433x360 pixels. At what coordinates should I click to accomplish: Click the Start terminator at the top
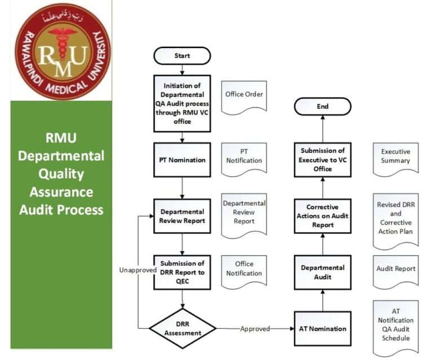pos(182,55)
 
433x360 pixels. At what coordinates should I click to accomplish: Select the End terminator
pos(322,107)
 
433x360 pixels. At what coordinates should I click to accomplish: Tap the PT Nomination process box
pos(182,160)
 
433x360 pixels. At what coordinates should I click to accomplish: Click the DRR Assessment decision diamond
pos(183,328)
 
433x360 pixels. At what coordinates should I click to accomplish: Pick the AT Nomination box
pos(322,328)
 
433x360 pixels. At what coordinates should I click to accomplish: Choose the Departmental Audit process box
pos(322,272)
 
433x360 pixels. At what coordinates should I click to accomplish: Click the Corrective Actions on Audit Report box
pos(322,216)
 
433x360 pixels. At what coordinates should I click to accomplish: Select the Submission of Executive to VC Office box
pos(322,160)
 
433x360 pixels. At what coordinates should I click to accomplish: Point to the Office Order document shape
pos(244,97)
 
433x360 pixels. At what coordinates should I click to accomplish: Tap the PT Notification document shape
pos(244,159)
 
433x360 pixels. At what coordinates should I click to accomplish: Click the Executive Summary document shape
pos(396,159)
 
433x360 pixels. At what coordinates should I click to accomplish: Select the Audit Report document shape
pos(396,271)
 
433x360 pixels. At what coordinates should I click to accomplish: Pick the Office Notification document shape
pos(244,271)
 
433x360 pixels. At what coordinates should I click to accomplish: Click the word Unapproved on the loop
pos(138,270)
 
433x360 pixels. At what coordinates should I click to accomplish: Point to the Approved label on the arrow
pos(255,329)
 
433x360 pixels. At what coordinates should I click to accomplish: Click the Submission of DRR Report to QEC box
pos(182,272)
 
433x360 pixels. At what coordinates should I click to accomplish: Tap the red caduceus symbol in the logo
pos(63,43)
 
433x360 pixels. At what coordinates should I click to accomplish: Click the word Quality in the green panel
pos(61,174)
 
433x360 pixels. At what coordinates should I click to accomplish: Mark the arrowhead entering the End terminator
pos(322,117)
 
